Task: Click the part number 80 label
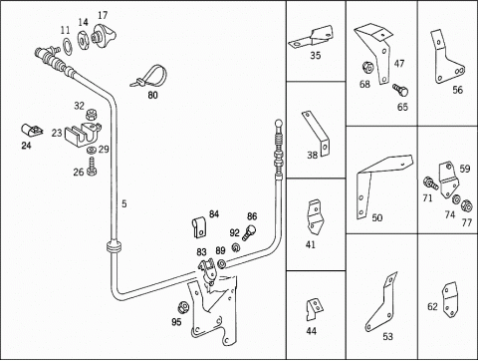pos(152,95)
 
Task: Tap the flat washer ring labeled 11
pos(67,46)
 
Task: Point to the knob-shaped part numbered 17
pos(104,35)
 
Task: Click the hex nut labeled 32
pos(91,116)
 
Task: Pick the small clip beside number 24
pos(32,130)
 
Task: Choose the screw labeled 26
pos(92,168)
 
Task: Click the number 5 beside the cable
pos(124,203)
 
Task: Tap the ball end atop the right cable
pos(279,124)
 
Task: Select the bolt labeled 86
pos(249,232)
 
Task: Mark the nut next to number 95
pos(182,307)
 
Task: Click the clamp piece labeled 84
pos(200,227)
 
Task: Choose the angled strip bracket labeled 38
pos(317,134)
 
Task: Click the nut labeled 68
pos(368,67)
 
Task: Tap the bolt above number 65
pos(400,90)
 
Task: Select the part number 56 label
pos(457,90)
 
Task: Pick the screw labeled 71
pos(430,182)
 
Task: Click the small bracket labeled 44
pos(314,309)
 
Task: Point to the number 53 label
pos(387,336)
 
